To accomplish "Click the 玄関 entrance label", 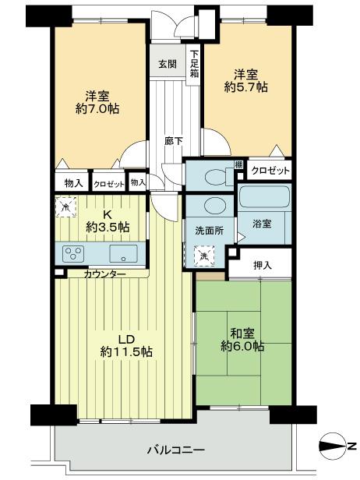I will pyautogui.click(x=168, y=64).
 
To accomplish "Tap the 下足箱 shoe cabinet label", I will pyautogui.click(x=194, y=60).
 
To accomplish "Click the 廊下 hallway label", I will pyautogui.click(x=175, y=142).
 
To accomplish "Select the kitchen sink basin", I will pyautogui.click(x=123, y=253).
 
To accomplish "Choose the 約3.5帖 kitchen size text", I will pyautogui.click(x=108, y=227).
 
